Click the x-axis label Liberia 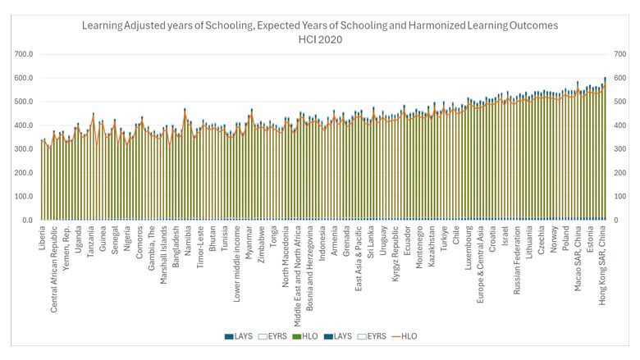43,243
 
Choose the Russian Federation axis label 518,265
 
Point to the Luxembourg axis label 469,250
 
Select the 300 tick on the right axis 619,149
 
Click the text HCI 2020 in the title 320,39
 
